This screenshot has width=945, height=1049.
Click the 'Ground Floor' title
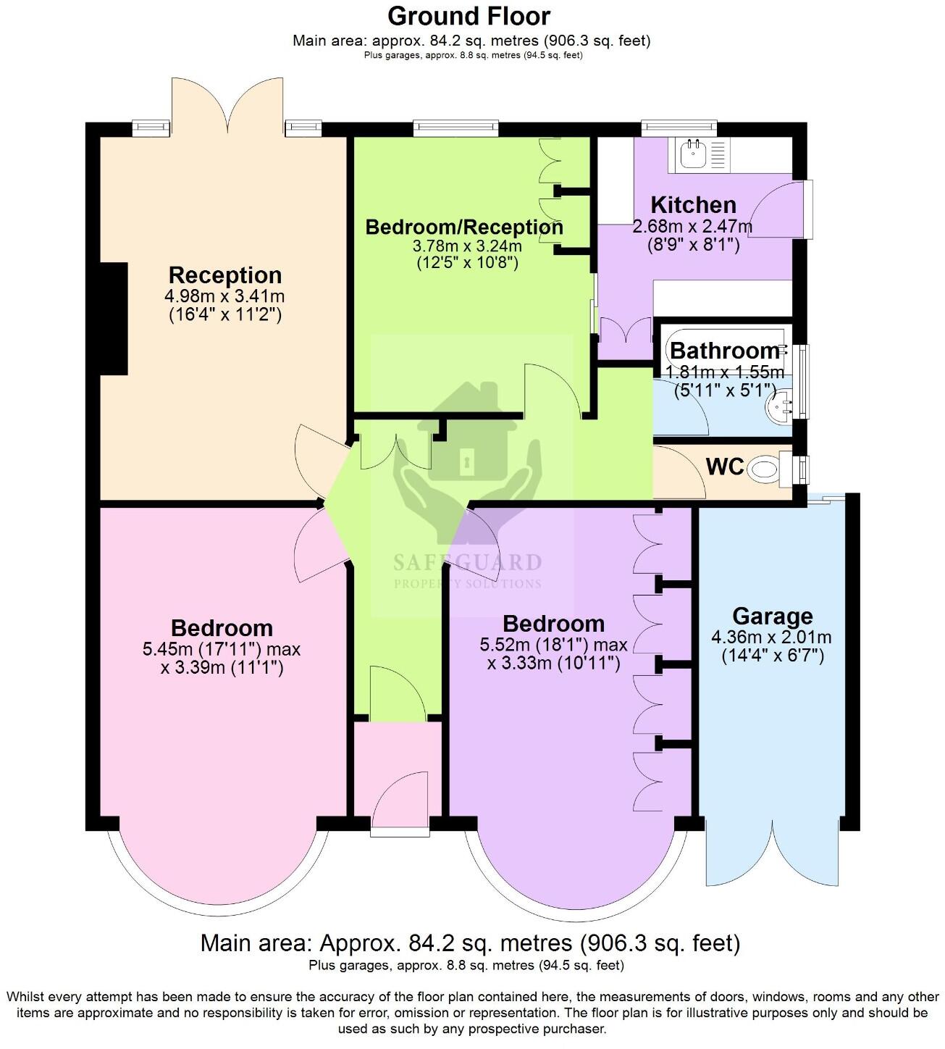469,16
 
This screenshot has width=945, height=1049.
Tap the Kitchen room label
693,204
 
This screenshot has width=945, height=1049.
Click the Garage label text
772,617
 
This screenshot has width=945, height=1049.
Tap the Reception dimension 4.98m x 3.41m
224,296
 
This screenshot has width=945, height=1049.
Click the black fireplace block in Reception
114,319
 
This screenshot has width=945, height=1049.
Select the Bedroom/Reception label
464,227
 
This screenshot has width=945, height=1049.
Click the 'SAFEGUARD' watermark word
467,563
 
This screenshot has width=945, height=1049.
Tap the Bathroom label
724,351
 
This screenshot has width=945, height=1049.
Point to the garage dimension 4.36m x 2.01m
772,638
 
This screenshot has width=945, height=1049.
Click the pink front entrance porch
397,772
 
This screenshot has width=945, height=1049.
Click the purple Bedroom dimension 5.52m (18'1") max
553,645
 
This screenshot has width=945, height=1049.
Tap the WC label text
725,467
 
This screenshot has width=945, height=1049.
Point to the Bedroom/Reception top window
456,128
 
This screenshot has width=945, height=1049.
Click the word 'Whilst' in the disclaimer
25,997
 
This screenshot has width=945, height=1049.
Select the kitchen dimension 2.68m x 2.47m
693,227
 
